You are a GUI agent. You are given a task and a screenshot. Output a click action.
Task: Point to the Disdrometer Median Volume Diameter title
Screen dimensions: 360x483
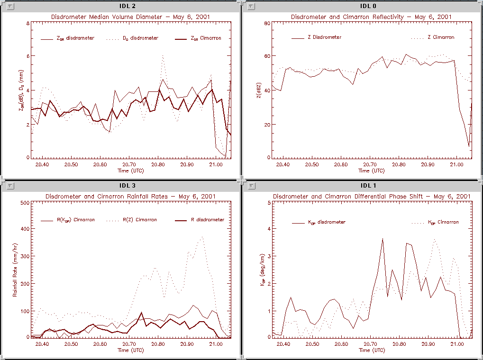130,17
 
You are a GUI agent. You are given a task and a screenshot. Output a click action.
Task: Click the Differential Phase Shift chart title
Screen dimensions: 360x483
371,196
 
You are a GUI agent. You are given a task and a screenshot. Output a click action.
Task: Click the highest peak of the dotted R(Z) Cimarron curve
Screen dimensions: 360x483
202,236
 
